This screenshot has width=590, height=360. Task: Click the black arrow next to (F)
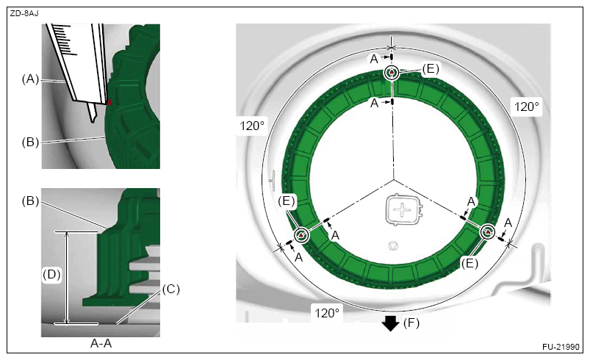(391, 323)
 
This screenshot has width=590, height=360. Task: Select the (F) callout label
(411, 323)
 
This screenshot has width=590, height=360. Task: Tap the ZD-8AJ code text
(24, 14)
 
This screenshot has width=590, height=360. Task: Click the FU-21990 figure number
(561, 347)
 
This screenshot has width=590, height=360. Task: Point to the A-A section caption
(101, 343)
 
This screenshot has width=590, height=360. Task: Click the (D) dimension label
(51, 274)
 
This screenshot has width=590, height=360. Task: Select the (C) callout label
(171, 289)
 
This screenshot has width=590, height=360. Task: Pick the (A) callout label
(30, 79)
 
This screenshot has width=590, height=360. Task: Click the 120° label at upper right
(526, 107)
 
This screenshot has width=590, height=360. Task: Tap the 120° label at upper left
(252, 126)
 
